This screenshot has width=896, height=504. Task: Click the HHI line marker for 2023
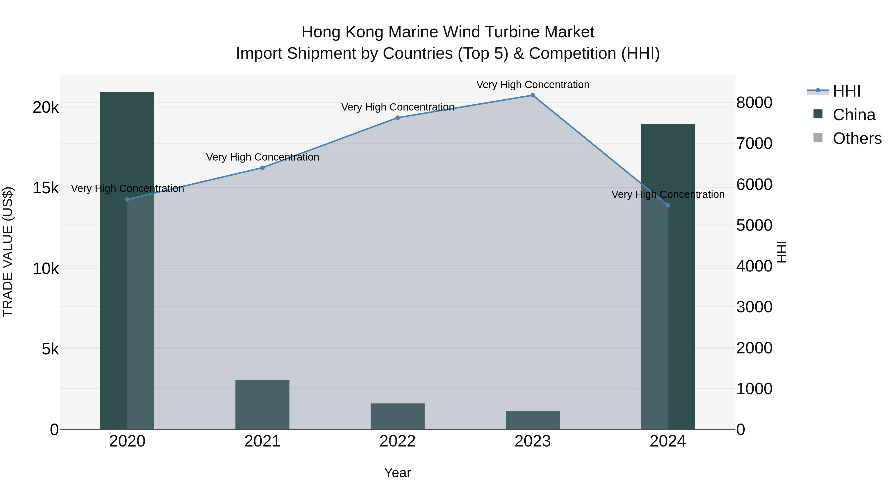coord(533,95)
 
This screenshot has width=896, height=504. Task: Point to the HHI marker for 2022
coord(397,117)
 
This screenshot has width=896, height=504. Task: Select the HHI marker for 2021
coord(262,168)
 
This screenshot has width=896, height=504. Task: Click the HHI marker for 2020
coord(127,199)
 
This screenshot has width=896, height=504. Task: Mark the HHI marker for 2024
coord(668,206)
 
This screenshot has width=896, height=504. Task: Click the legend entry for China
coord(854,115)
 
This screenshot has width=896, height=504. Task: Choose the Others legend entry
coord(857,138)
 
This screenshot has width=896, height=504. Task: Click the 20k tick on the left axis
coord(46,108)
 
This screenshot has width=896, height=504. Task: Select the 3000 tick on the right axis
coord(754,307)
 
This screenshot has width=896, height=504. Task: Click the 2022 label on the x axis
coord(397,441)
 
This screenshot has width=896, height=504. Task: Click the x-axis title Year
coord(397,473)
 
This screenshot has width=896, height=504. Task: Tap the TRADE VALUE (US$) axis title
coord(8,252)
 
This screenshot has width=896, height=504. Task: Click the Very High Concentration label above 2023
coord(533,85)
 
